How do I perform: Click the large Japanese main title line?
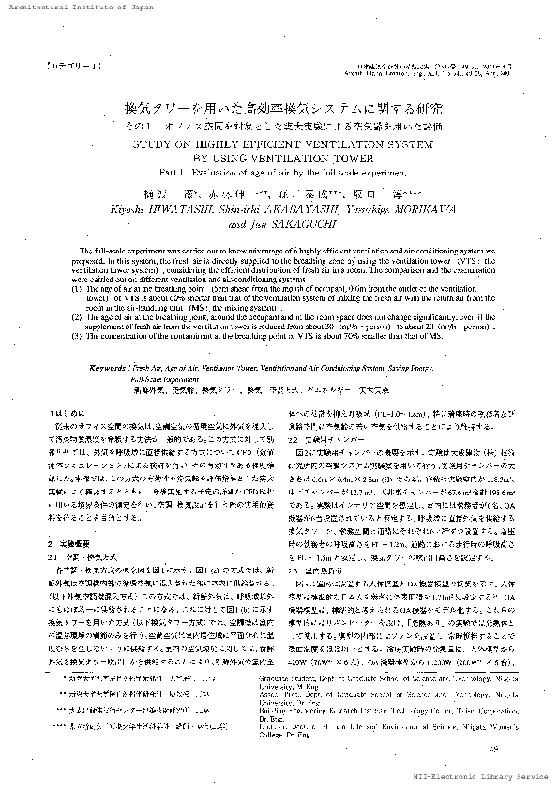pos(279,110)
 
